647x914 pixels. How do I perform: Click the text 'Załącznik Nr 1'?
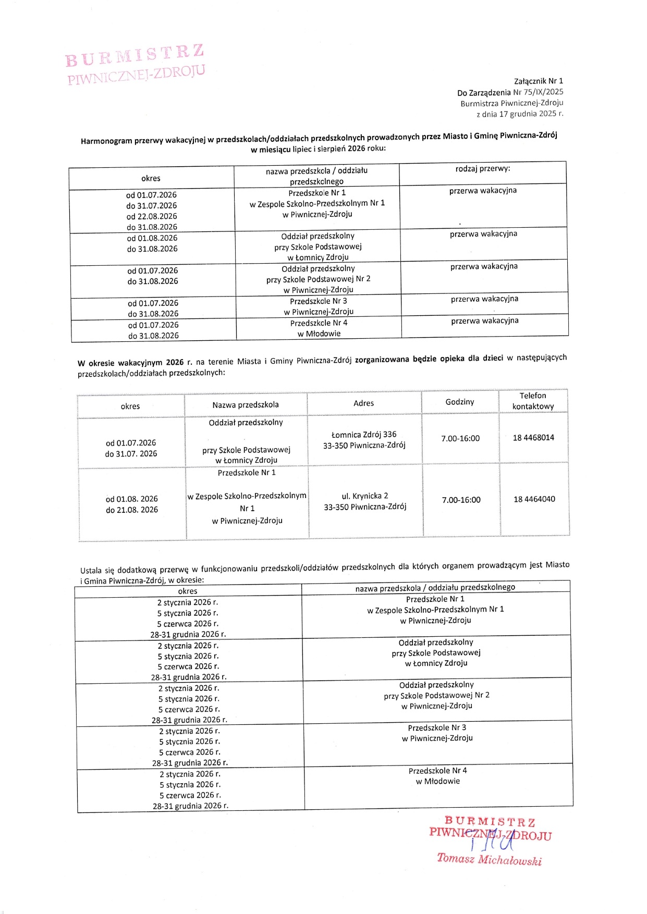pos(538,81)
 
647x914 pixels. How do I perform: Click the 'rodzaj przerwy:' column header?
pos(483,169)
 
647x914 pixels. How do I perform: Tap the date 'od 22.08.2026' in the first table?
pos(152,216)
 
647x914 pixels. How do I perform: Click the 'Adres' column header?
pos(363,403)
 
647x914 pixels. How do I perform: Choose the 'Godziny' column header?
pos(460,402)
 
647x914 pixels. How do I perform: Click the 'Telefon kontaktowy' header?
pos(533,401)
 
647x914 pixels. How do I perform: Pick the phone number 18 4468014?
pos(533,438)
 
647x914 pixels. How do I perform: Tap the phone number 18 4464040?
pos(534,499)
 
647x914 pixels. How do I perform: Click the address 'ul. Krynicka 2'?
pos(364,496)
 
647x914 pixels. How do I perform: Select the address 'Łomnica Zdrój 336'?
pos(364,435)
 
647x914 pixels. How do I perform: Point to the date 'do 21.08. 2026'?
pos(132,510)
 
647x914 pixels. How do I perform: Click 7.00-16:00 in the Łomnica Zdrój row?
pos(460,439)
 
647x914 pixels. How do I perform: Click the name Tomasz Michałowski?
pos(489,859)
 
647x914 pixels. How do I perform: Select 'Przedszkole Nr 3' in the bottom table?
pos(437,728)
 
